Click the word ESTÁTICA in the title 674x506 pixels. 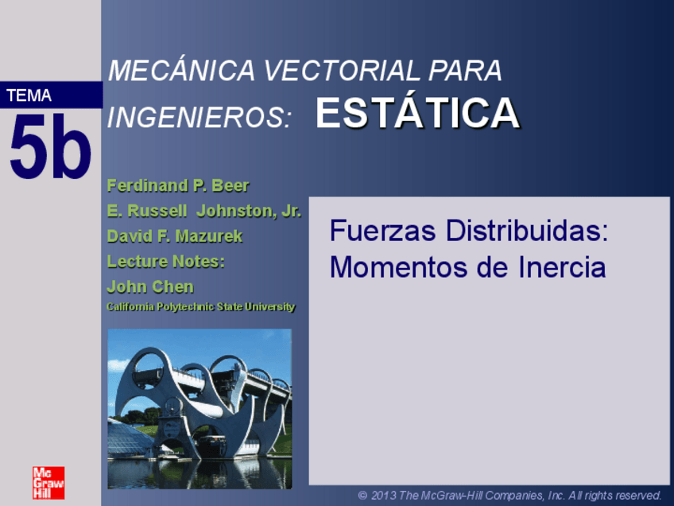pyautogui.click(x=417, y=114)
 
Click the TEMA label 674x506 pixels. pyautogui.click(x=29, y=96)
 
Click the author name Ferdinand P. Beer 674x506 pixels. pyautogui.click(x=178, y=186)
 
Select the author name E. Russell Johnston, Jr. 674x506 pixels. pyautogui.click(x=203, y=212)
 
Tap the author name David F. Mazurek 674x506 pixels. pyautogui.click(x=175, y=236)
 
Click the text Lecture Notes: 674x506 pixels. pyautogui.click(x=165, y=261)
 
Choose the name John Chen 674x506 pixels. pyautogui.click(x=150, y=286)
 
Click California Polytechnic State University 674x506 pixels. pyautogui.click(x=200, y=307)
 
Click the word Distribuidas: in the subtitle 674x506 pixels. pyautogui.click(x=527, y=232)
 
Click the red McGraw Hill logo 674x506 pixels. pyautogui.click(x=48, y=483)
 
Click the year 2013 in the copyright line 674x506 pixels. pyautogui.click(x=384, y=496)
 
